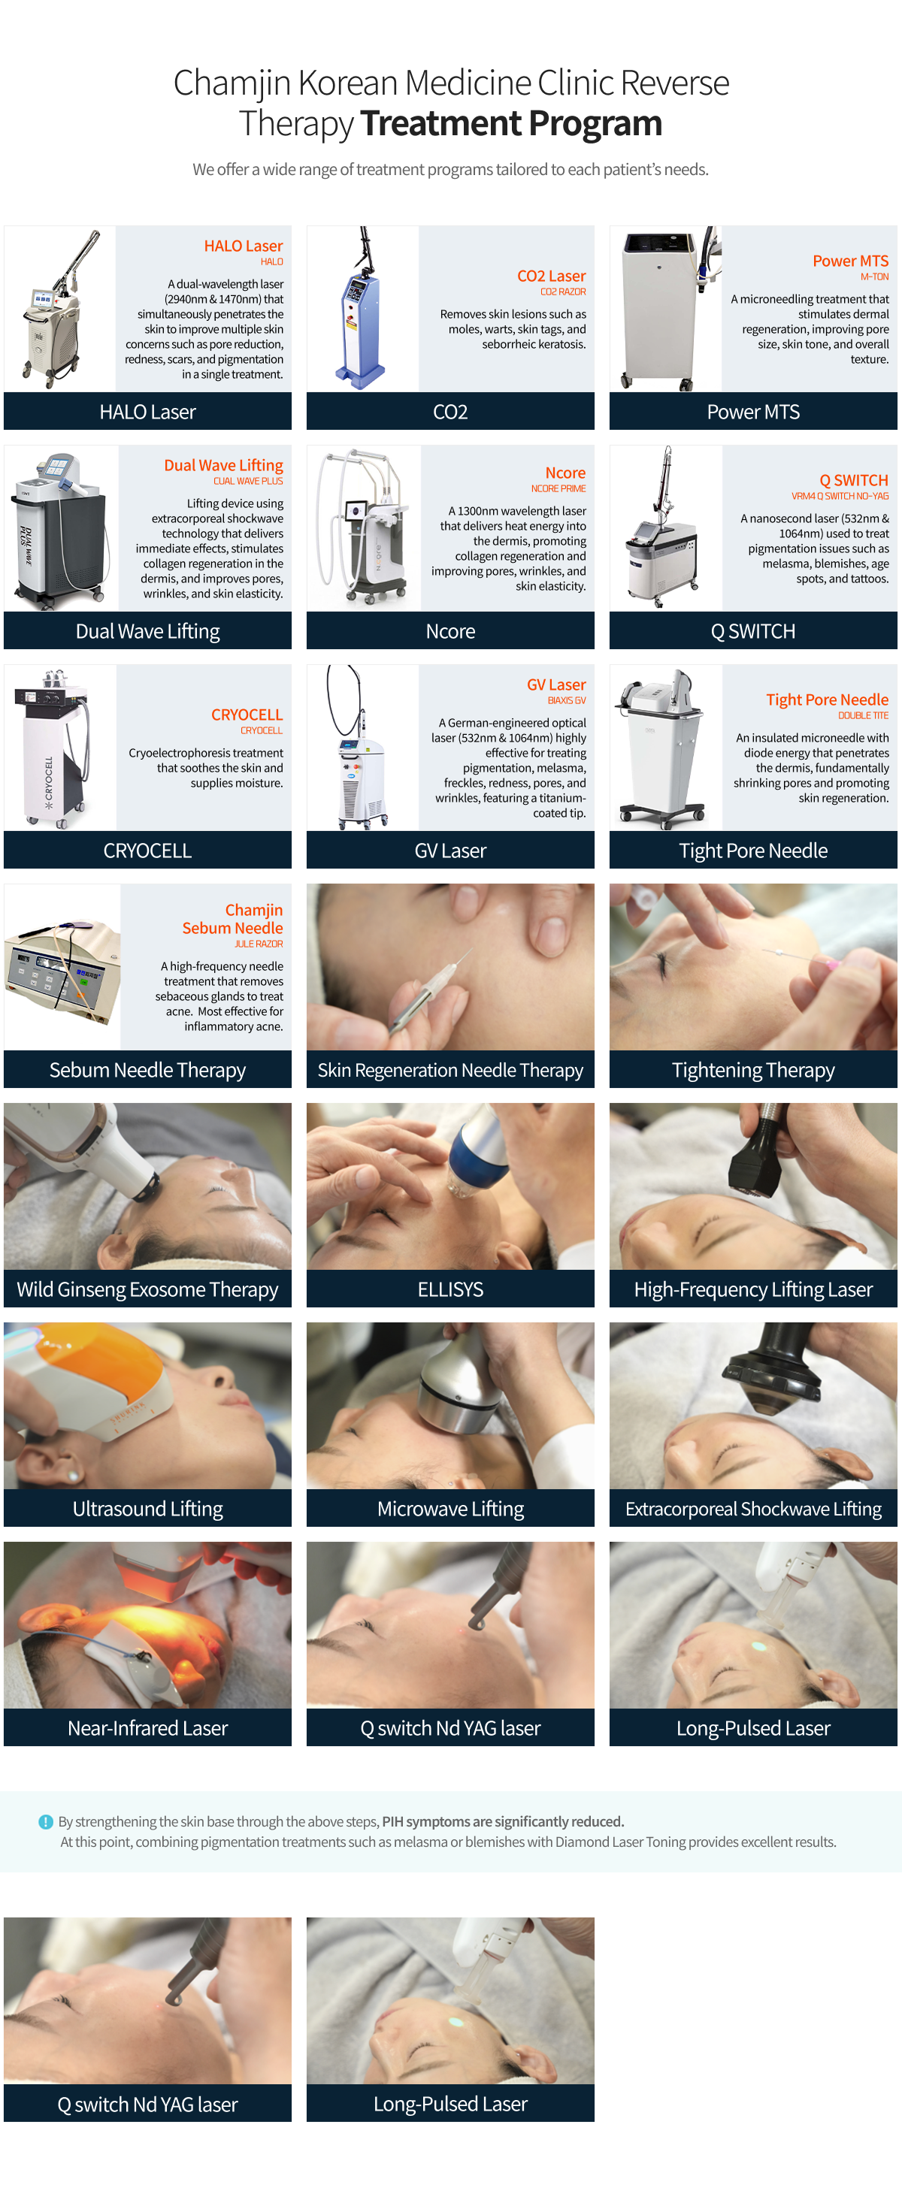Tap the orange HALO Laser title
coord(243,246)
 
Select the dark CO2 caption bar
coord(450,411)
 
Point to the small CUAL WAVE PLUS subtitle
coord(248,482)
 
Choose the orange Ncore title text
coord(565,473)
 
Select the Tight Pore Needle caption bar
coord(753,850)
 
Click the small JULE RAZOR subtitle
coord(259,944)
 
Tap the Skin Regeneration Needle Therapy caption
coord(450,1070)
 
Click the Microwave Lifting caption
coord(450,1509)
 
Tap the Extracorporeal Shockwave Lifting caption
coord(753,1509)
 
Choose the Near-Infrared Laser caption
coord(148,1727)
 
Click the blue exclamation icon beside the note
coord(46,1821)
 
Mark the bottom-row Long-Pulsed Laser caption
coord(450,2104)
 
